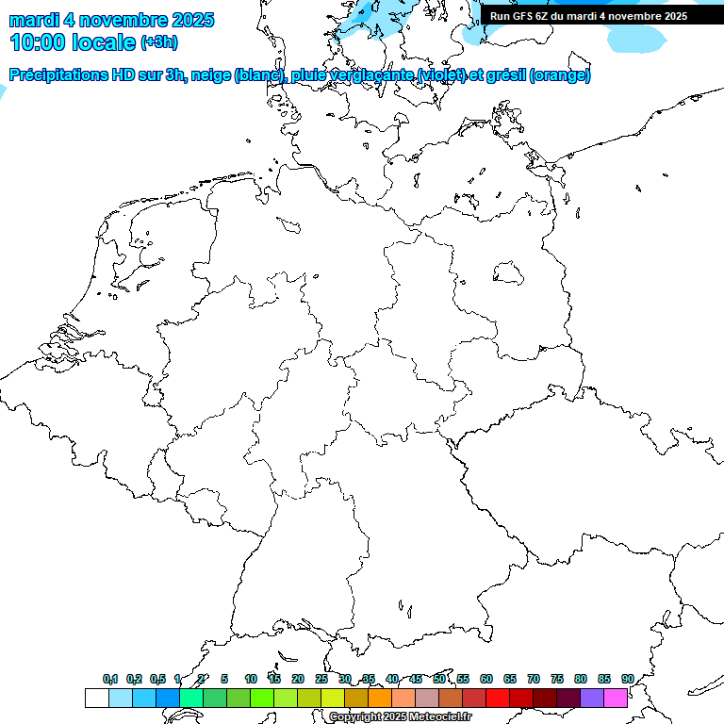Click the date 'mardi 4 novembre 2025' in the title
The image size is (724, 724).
(x=111, y=20)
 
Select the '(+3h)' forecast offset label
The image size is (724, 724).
(x=158, y=42)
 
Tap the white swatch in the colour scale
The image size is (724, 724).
(x=96, y=698)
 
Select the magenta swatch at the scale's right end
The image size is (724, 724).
(x=616, y=698)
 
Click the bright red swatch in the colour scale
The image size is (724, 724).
(x=498, y=698)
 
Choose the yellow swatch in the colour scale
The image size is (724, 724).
(x=333, y=698)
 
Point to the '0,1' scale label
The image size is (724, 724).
(x=110, y=679)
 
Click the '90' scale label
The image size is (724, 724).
(x=627, y=679)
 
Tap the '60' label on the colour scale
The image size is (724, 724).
(x=486, y=679)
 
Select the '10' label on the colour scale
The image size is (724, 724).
(x=251, y=679)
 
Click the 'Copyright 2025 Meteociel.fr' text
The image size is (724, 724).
(x=400, y=717)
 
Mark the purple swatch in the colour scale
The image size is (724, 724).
(x=592, y=698)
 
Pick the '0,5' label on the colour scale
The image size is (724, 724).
(x=157, y=679)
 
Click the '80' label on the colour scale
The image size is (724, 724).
(x=580, y=679)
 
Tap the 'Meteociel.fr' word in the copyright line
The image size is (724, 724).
(x=440, y=717)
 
